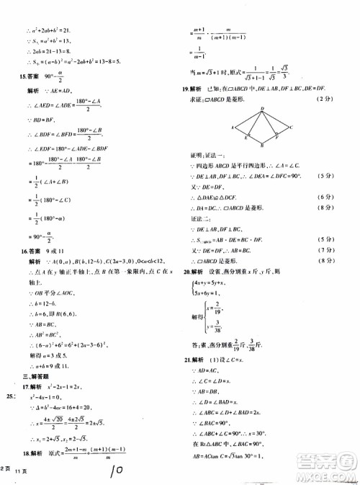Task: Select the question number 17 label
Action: pyautogui.click(x=22, y=383)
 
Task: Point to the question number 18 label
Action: pyautogui.click(x=22, y=472)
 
